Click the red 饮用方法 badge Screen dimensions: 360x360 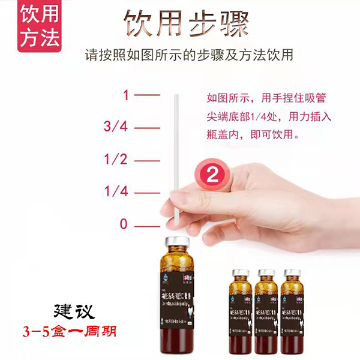(40, 27)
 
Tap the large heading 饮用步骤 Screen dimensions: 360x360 (185, 24)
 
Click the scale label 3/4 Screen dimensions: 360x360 (115, 127)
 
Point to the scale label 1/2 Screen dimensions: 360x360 (115, 160)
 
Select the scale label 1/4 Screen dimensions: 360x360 (115, 192)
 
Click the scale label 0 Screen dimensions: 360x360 (124, 224)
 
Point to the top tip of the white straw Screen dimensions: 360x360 (175, 96)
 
